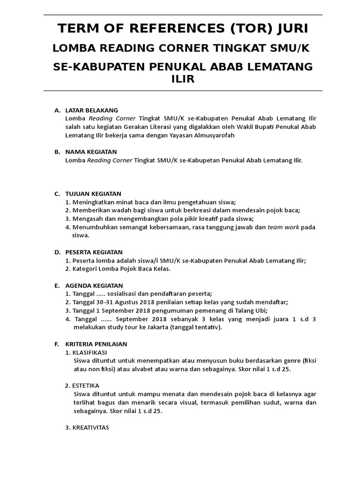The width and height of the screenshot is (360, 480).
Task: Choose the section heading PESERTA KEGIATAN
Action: (94, 252)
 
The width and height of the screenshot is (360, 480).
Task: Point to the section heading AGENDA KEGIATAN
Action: (94, 285)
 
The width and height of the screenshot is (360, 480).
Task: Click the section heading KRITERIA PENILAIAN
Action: (96, 344)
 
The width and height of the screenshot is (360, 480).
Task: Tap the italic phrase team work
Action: (283, 227)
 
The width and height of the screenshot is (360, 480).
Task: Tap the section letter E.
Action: (56, 285)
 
